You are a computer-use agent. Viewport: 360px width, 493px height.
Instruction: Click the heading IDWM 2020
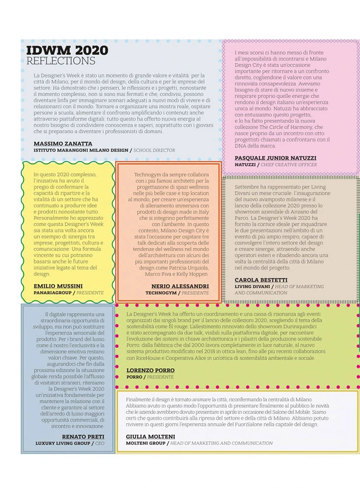tap(67, 51)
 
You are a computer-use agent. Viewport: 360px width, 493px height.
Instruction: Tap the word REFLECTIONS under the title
tap(61, 61)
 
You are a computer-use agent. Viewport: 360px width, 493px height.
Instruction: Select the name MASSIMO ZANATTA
tap(63, 143)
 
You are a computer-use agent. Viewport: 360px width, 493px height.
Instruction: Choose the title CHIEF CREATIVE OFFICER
tap(289, 165)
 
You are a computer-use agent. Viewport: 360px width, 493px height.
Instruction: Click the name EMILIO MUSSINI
tap(58, 286)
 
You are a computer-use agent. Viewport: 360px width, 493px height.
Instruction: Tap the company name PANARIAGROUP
tap(53, 293)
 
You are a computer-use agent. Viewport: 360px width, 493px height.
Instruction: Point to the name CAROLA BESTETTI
tap(261, 280)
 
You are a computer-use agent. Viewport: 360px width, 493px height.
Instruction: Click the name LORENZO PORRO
tap(150, 370)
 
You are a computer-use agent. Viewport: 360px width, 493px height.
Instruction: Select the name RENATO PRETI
tap(83, 437)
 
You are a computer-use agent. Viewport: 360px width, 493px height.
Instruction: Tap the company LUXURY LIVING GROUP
tap(63, 444)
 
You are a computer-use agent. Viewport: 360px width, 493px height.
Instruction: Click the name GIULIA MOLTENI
tap(150, 437)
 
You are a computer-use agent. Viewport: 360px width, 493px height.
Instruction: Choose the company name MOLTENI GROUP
tap(145, 444)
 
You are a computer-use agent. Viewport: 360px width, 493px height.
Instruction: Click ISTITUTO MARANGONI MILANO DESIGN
tap(81, 150)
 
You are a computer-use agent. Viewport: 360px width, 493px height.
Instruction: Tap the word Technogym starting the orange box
tap(148, 175)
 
